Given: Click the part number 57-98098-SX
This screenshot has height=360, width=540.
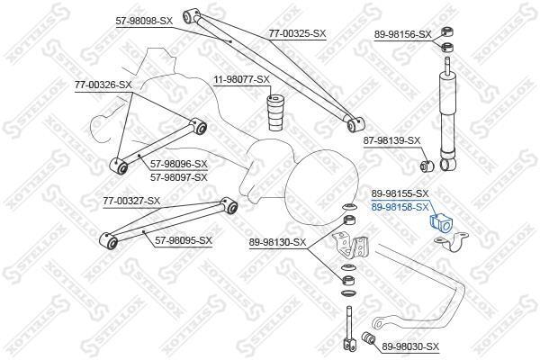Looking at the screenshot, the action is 144,21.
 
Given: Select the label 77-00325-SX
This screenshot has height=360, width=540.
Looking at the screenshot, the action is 297,34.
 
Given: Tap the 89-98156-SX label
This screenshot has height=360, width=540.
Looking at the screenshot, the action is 402,34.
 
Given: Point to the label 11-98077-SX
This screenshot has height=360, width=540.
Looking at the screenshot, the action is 241,79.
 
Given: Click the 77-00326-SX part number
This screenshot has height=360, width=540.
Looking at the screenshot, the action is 103,85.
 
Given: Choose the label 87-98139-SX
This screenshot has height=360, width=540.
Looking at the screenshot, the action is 391,140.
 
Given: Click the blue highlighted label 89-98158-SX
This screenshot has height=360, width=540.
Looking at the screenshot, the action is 400,207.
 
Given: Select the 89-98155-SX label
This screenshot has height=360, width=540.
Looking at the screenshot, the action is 400,193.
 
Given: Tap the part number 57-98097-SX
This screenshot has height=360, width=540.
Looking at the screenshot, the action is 179,177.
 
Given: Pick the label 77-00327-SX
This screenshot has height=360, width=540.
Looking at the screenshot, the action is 131,201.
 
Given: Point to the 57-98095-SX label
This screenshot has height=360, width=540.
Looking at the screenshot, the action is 184,240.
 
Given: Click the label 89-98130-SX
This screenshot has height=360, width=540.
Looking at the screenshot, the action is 277,242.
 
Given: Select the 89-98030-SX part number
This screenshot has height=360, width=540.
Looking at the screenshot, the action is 410,346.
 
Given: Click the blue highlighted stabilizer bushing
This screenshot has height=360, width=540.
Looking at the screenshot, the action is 440,223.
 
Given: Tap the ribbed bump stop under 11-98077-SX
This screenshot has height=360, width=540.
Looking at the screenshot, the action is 276,113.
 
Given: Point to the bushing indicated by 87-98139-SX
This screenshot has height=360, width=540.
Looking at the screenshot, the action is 427,166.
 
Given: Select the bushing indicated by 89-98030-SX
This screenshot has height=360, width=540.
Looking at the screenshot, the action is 369,337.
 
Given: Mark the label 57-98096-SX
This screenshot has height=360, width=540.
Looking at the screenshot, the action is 179,164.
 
